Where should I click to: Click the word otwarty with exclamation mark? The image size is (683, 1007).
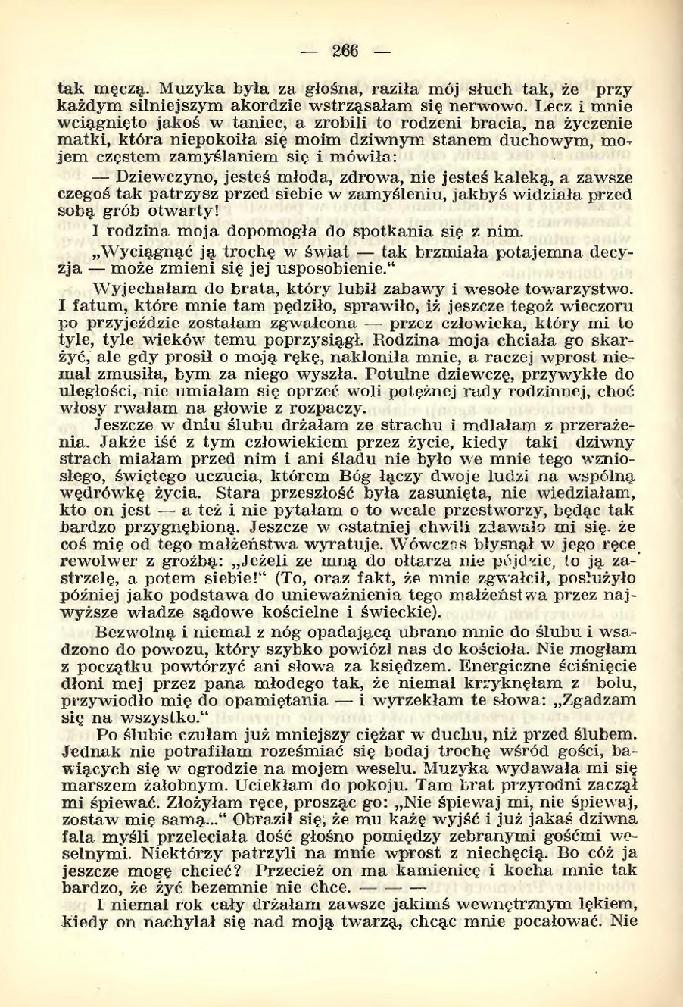coord(176,213)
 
